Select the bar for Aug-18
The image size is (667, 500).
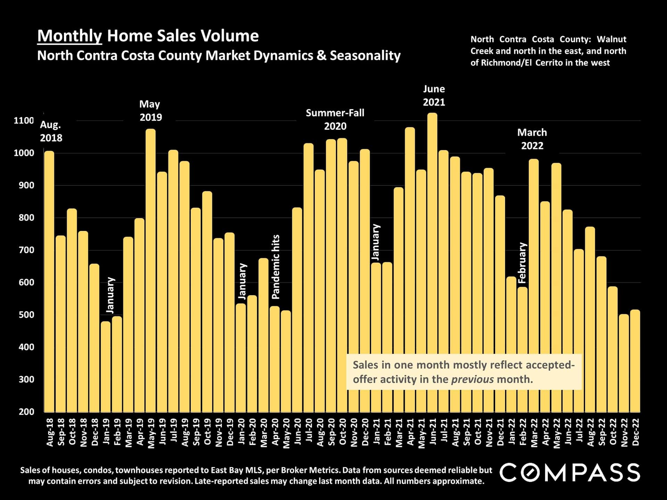click(x=49, y=281)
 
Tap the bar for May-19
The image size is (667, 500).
click(x=150, y=270)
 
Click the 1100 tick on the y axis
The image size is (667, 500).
click(x=24, y=121)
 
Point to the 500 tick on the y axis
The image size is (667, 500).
click(x=26, y=315)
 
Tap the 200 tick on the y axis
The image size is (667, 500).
click(x=26, y=412)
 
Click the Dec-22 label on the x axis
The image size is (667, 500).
click(x=635, y=432)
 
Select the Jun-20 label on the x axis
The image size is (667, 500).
click(x=297, y=432)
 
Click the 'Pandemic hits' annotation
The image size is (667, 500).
click(x=276, y=267)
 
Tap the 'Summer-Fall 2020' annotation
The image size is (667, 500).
click(x=335, y=119)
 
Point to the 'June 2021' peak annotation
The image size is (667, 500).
click(x=434, y=95)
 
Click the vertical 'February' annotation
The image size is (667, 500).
click(x=522, y=262)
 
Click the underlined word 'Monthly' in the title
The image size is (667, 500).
click(x=69, y=36)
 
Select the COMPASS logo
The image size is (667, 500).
click(x=570, y=473)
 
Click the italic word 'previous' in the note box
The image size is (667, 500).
click(x=472, y=379)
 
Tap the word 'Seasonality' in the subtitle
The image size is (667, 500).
click(x=365, y=56)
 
